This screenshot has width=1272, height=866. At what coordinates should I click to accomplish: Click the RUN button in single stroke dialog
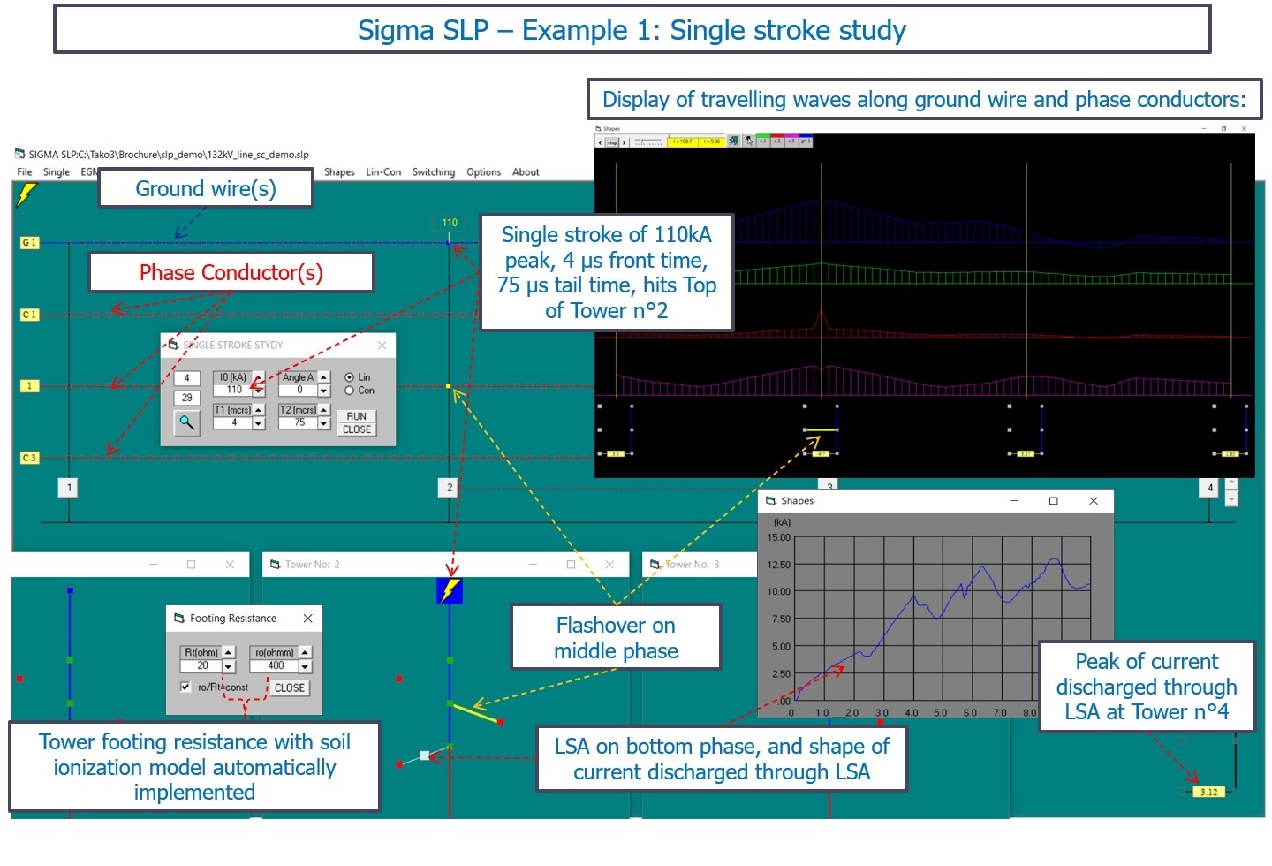coord(357,416)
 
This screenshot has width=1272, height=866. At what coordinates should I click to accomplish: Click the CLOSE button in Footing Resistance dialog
coord(290,687)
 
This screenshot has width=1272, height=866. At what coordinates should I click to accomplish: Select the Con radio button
coord(350,391)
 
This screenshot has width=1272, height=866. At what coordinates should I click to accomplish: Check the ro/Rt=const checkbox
coord(185,687)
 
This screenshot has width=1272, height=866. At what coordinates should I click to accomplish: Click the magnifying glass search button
coord(186,422)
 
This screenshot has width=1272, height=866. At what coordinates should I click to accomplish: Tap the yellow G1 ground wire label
coord(29,243)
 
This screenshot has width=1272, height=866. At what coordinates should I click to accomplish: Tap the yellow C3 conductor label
coord(29,458)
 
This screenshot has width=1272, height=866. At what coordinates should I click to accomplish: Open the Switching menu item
coord(434,172)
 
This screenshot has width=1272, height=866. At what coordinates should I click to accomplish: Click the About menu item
coord(526,172)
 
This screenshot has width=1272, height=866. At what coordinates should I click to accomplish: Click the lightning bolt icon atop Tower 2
coord(450,590)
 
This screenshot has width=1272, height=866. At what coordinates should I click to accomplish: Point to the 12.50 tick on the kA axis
coord(778,565)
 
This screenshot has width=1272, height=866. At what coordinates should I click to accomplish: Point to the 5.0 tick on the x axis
coord(940,712)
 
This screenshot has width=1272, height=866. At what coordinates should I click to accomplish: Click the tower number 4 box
coord(1211,488)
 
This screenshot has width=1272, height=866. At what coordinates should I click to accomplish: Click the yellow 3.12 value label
coord(1208,792)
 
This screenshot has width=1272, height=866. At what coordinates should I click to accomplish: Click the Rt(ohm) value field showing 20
coord(202,666)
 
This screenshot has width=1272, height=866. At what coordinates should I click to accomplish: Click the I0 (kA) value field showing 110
coord(234,390)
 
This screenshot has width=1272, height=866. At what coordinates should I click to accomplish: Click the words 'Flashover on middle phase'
coord(616,638)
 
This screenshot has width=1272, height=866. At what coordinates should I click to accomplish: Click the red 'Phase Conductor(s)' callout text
coord(231,273)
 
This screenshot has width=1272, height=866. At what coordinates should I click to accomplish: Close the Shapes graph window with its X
coord(1094,501)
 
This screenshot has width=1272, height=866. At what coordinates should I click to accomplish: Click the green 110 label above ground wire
coord(450,223)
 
